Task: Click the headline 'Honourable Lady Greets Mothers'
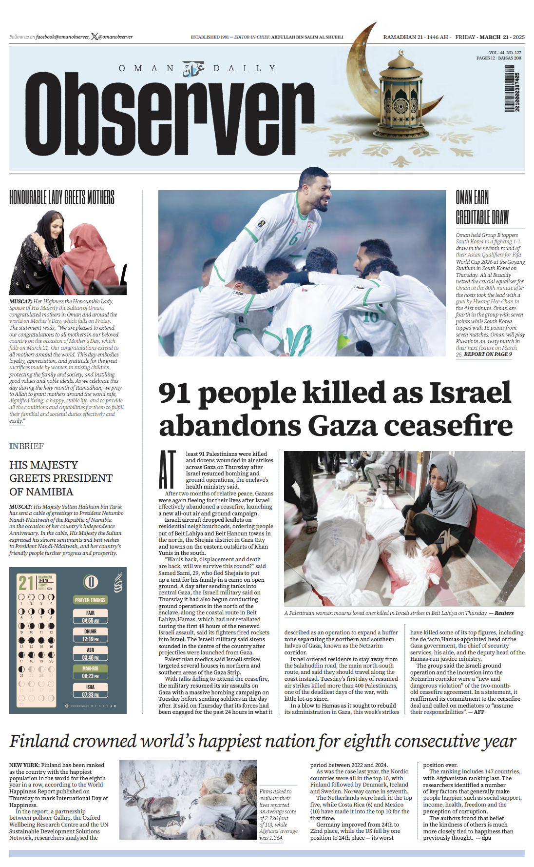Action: [x=62, y=197]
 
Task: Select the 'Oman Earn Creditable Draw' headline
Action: [x=482, y=207]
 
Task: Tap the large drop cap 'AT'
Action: [x=167, y=470]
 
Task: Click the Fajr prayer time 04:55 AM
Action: [x=90, y=620]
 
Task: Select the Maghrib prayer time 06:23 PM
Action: [x=90, y=676]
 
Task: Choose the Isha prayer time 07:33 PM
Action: [x=90, y=694]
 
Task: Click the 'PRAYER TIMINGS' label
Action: [x=90, y=600]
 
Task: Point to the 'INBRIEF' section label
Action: [x=26, y=446]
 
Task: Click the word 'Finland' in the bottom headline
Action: [x=39, y=741]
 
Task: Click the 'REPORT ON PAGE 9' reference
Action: [x=488, y=354]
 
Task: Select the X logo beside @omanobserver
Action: [x=95, y=37]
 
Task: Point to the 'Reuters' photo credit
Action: [x=504, y=613]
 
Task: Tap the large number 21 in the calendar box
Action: [x=26, y=583]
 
